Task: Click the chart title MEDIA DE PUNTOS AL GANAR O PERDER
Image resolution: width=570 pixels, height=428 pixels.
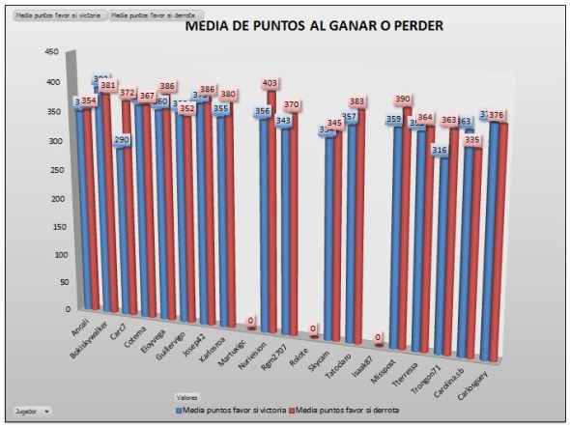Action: point(313,26)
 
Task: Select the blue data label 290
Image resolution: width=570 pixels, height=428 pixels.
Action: point(122,140)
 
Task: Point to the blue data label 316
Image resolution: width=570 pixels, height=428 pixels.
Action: point(440,150)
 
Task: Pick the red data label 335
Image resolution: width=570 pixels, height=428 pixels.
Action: point(471,140)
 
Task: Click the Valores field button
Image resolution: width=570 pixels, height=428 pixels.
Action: point(187,396)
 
